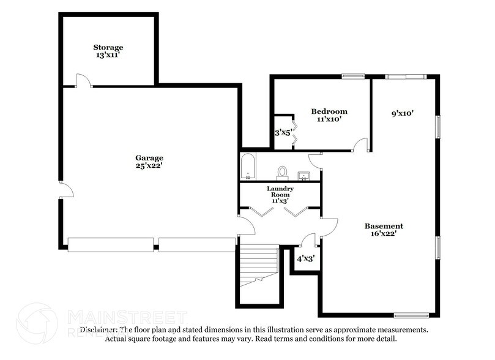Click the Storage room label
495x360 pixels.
click(x=108, y=47)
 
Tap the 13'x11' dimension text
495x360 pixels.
click(x=108, y=55)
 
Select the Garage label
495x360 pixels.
click(x=149, y=157)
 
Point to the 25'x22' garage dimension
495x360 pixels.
click(x=149, y=165)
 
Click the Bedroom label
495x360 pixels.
click(x=329, y=111)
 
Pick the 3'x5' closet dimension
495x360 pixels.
click(x=282, y=132)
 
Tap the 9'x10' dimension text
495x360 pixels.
click(x=403, y=113)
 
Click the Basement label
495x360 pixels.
click(x=384, y=225)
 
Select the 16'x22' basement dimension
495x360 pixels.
click(x=384, y=233)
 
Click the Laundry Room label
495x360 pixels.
click(x=280, y=192)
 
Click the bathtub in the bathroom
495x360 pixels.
click(x=247, y=167)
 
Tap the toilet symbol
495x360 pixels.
click(x=282, y=171)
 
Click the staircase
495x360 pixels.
click(x=257, y=263)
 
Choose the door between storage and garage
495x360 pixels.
click(x=83, y=81)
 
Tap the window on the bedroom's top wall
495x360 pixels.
click(x=353, y=76)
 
